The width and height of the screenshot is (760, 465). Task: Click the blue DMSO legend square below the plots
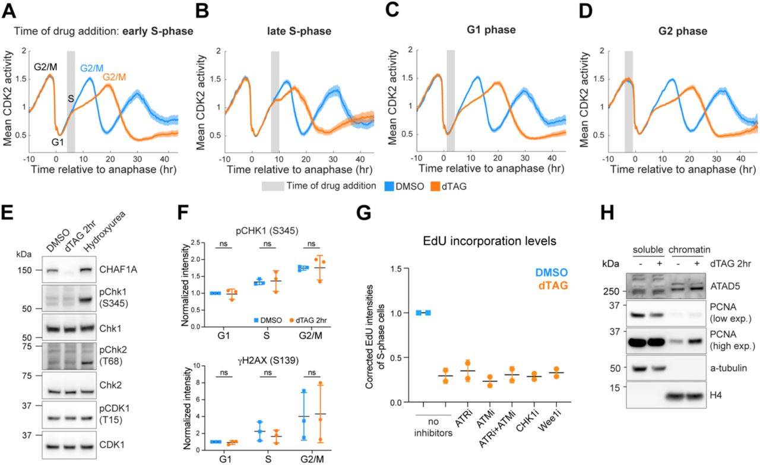(x=389, y=186)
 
